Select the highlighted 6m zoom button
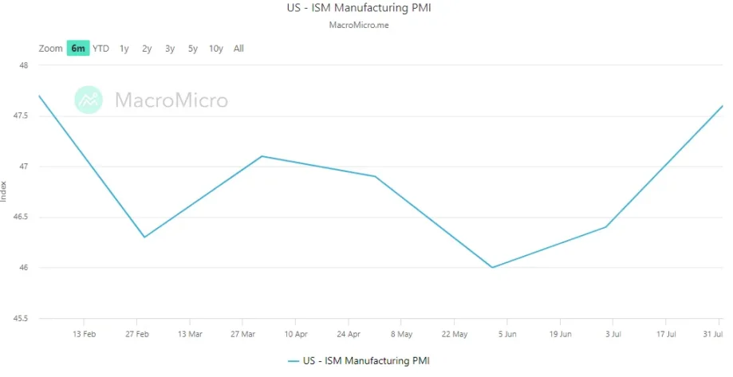pyautogui.click(x=77, y=49)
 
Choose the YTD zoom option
pyautogui.click(x=100, y=49)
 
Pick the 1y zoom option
pyautogui.click(x=124, y=49)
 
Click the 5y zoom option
pyautogui.click(x=193, y=49)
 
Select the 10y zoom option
pyautogui.click(x=215, y=49)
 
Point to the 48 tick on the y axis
pyautogui.click(x=23, y=65)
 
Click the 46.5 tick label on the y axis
pyautogui.click(x=21, y=217)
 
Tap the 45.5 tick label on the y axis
pyautogui.click(x=21, y=318)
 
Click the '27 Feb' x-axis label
pyautogui.click(x=137, y=334)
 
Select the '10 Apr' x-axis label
pyautogui.click(x=295, y=334)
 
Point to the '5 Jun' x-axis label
pyautogui.click(x=508, y=334)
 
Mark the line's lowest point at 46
pyautogui.click(x=492, y=267)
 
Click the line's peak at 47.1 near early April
pyautogui.click(x=262, y=156)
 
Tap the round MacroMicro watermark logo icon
pyautogui.click(x=89, y=100)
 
